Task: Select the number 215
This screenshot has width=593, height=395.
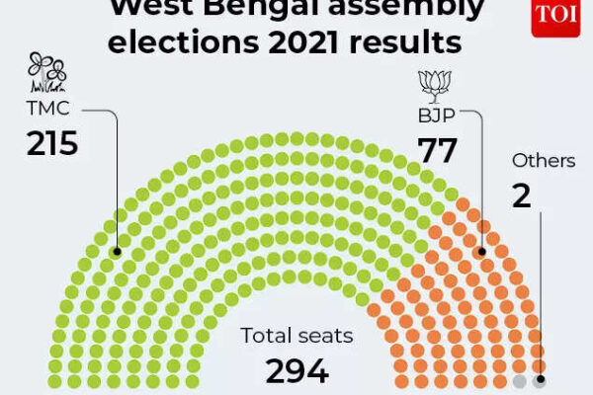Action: point(52,144)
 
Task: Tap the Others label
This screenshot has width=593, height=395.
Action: point(544,160)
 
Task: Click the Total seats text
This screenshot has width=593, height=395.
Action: point(296,336)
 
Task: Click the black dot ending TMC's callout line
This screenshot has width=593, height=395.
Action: point(118,252)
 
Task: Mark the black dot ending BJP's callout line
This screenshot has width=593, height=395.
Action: point(483,252)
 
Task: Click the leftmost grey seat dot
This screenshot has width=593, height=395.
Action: point(520,381)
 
